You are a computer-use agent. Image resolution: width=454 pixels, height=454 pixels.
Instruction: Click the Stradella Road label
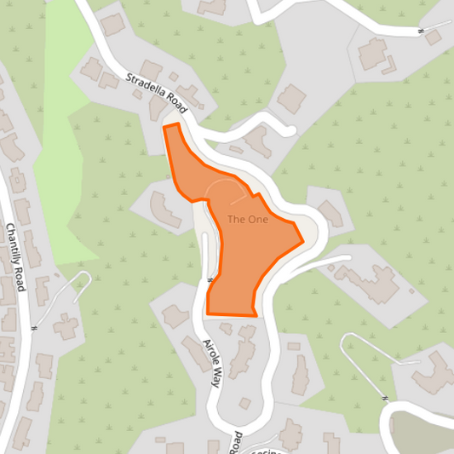click(x=156, y=92)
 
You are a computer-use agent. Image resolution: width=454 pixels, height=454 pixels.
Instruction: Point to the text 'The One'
click(x=247, y=220)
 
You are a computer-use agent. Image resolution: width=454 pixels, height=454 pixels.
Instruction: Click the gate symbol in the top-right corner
click(x=421, y=32)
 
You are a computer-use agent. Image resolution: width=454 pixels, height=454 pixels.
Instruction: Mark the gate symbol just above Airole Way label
click(x=209, y=279)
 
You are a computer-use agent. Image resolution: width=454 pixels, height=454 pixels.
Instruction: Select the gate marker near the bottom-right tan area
click(x=385, y=398)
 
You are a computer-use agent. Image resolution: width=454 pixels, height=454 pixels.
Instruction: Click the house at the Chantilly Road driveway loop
click(x=66, y=324)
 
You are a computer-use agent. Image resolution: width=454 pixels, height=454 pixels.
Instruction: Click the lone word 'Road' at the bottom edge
click(x=238, y=442)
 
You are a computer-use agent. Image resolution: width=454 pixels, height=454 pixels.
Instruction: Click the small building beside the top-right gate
click(x=434, y=38)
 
